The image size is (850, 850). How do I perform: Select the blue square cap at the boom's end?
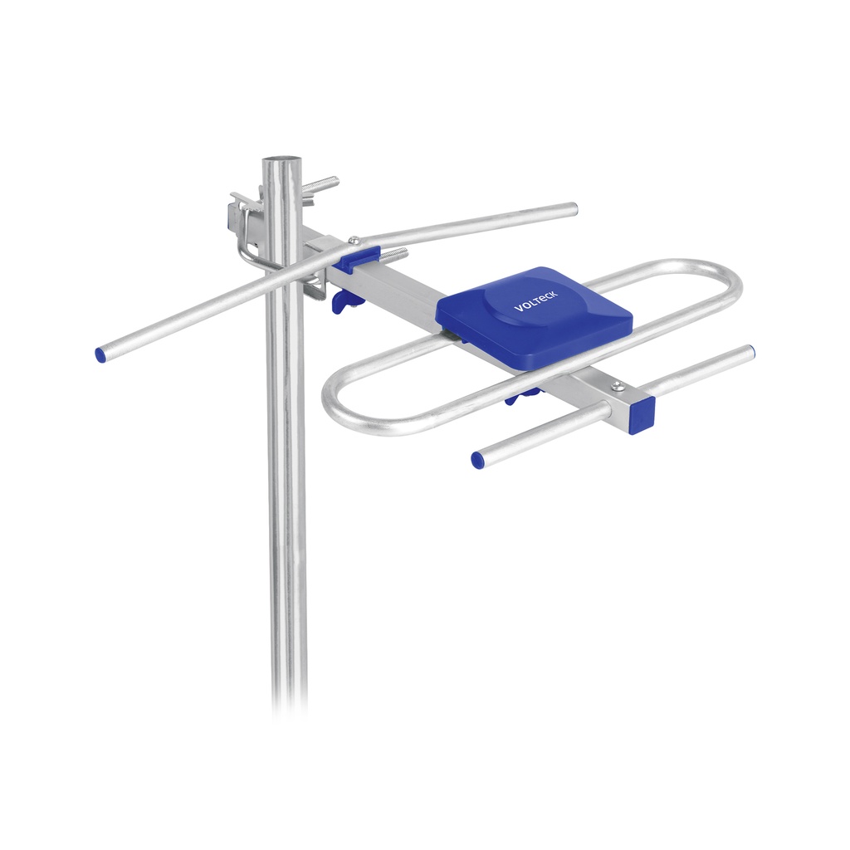pos(642,414)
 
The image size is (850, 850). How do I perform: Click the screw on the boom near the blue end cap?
pos(616,386)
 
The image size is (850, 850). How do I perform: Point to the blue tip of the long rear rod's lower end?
pos(100,355)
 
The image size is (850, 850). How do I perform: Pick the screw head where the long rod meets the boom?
pos(354,242)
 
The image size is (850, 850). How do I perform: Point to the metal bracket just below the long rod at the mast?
pos(314,286)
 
